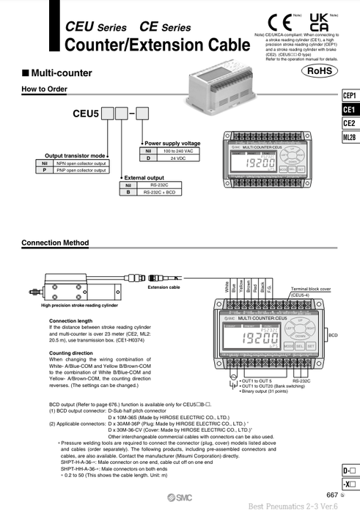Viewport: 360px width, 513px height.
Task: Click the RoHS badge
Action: (x=321, y=71)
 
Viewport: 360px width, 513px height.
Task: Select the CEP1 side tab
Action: (x=349, y=96)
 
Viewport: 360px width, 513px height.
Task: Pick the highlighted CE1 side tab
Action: (x=349, y=109)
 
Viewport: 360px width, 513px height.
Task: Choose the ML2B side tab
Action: (x=349, y=136)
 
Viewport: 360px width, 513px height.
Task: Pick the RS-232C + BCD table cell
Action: (x=158, y=192)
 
